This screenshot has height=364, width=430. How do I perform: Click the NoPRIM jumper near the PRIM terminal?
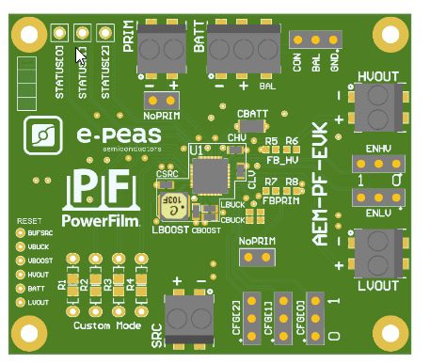(x=161, y=97)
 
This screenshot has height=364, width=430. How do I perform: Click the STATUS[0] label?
(x=59, y=75)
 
